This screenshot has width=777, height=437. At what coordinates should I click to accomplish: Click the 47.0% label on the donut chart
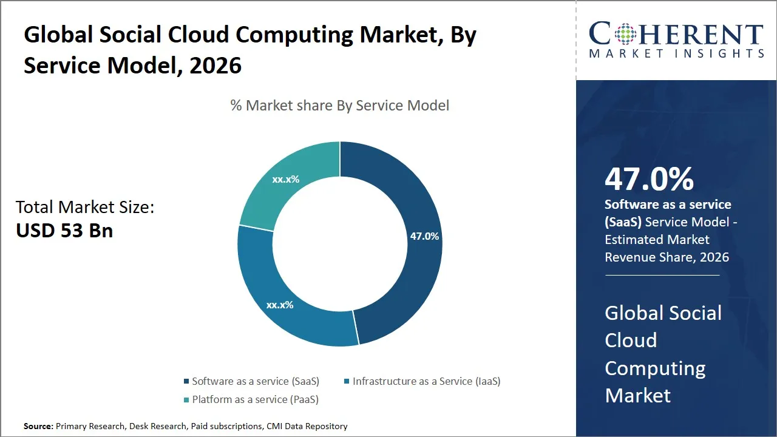click(x=424, y=236)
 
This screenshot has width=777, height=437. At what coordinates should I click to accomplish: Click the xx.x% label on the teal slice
click(x=285, y=179)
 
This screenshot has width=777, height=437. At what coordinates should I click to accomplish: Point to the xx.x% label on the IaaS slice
click(x=280, y=305)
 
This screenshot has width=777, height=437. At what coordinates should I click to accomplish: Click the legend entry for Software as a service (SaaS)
click(x=255, y=381)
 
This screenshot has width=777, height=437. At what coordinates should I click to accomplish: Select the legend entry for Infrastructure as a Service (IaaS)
click(x=426, y=381)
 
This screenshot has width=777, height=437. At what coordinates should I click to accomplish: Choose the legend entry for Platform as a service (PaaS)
click(x=255, y=399)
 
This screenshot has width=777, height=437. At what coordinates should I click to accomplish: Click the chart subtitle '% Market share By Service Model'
click(x=340, y=106)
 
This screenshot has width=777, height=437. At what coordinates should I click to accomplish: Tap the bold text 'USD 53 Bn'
click(x=64, y=231)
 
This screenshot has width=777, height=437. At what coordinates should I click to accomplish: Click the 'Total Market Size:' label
click(x=85, y=208)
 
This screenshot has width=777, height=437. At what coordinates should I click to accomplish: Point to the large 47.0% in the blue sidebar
click(x=649, y=179)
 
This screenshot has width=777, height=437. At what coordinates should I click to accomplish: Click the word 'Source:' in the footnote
click(x=38, y=426)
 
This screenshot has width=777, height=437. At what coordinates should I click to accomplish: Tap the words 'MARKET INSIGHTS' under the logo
click(x=676, y=53)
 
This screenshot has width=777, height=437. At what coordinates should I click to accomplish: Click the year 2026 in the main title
click(x=215, y=65)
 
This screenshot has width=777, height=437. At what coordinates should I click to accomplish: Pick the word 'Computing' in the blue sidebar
click(x=655, y=368)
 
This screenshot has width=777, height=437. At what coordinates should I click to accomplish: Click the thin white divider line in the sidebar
click(x=662, y=276)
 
